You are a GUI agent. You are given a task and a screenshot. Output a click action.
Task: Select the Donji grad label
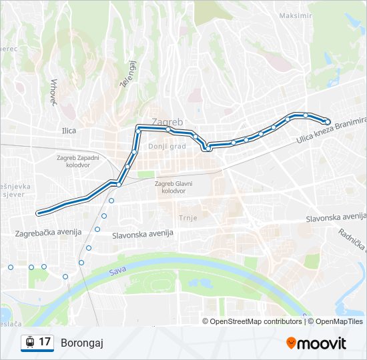(x=167, y=146)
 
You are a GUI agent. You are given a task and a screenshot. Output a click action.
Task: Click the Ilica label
(x=69, y=131)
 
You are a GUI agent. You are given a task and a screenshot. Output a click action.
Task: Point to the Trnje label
(x=189, y=218)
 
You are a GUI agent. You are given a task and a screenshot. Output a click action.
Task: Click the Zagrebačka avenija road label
(x=48, y=233)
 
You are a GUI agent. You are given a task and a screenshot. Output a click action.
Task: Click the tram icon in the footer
(x=29, y=343)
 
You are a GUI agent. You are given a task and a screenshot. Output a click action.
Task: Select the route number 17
(x=45, y=342)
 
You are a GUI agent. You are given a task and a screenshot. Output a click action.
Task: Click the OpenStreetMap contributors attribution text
(x=254, y=321)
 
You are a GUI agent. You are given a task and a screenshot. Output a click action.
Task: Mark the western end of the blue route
(x=39, y=213)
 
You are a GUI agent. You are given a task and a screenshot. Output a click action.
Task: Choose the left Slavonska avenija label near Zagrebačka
(x=143, y=234)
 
